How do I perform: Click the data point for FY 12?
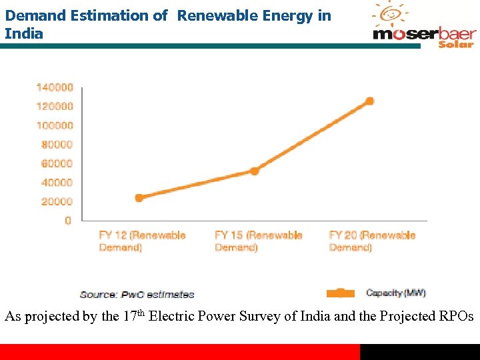[139, 197]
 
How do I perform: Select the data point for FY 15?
[254, 171]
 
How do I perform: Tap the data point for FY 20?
[369, 101]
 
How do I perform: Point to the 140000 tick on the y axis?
[55, 87]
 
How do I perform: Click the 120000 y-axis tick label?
[55, 107]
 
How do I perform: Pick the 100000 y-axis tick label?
[55, 125]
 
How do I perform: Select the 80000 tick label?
[57, 145]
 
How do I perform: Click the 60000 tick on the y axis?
[57, 163]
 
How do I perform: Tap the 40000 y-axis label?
[57, 183]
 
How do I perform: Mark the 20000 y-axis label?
[57, 201]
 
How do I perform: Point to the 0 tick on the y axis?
[68, 221]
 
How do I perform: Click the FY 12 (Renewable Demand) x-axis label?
[142, 241]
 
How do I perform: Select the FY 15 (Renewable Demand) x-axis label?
[258, 241]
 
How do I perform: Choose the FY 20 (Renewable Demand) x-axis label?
[372, 241]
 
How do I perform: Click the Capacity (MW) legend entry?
[395, 293]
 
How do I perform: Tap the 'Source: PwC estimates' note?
[137, 294]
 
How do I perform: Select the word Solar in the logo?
[456, 44]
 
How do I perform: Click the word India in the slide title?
[24, 33]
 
